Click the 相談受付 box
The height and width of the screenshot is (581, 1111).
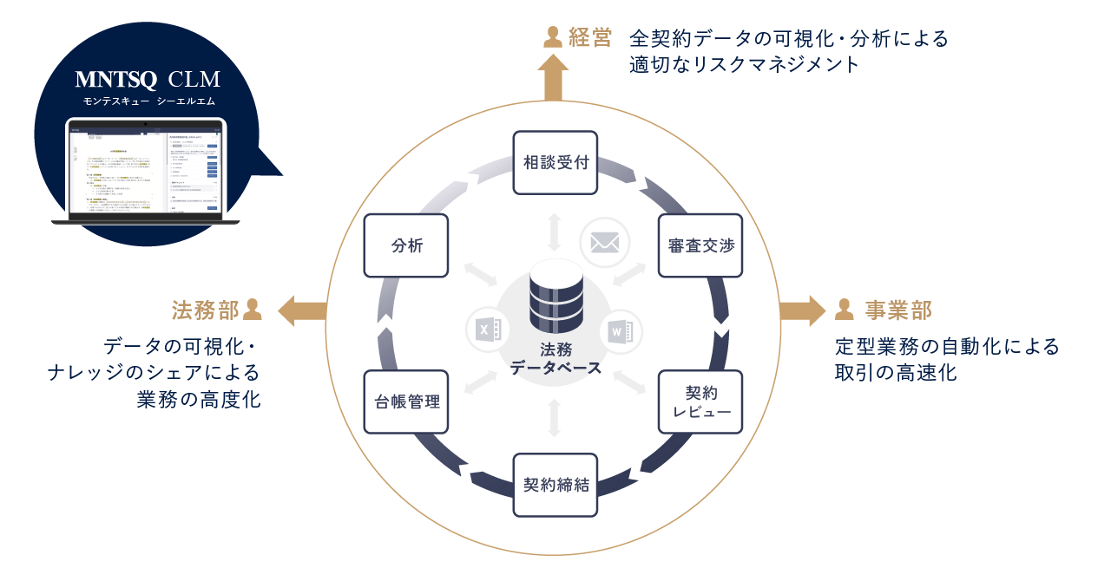(555, 162)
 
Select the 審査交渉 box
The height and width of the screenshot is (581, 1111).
(700, 245)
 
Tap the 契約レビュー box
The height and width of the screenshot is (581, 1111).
(700, 401)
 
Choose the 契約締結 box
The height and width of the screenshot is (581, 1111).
(555, 485)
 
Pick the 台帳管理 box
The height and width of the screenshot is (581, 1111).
(406, 401)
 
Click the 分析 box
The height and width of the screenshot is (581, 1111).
(406, 245)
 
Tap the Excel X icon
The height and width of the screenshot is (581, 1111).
(487, 330)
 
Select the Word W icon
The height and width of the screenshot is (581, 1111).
(619, 330)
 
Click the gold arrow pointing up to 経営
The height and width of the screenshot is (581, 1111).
(553, 79)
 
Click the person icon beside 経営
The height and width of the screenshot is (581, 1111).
(552, 36)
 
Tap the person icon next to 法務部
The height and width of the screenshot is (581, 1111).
(253, 309)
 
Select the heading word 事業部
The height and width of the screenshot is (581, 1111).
(897, 310)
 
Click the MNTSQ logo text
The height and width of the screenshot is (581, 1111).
(115, 80)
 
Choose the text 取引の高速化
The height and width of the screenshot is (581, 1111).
(897, 374)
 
